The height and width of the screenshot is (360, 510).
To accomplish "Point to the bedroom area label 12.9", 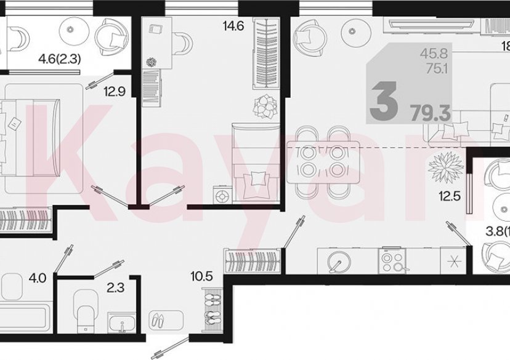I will [116, 93].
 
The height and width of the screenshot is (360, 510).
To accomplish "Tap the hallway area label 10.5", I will [201, 277].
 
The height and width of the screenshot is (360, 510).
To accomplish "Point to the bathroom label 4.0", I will [37, 278].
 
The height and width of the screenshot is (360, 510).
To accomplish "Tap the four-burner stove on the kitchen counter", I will [394, 262].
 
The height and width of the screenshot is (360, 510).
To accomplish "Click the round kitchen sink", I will [337, 262].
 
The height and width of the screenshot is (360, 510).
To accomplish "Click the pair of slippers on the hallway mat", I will [158, 321].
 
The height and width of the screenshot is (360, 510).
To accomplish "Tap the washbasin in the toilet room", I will [123, 322].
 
